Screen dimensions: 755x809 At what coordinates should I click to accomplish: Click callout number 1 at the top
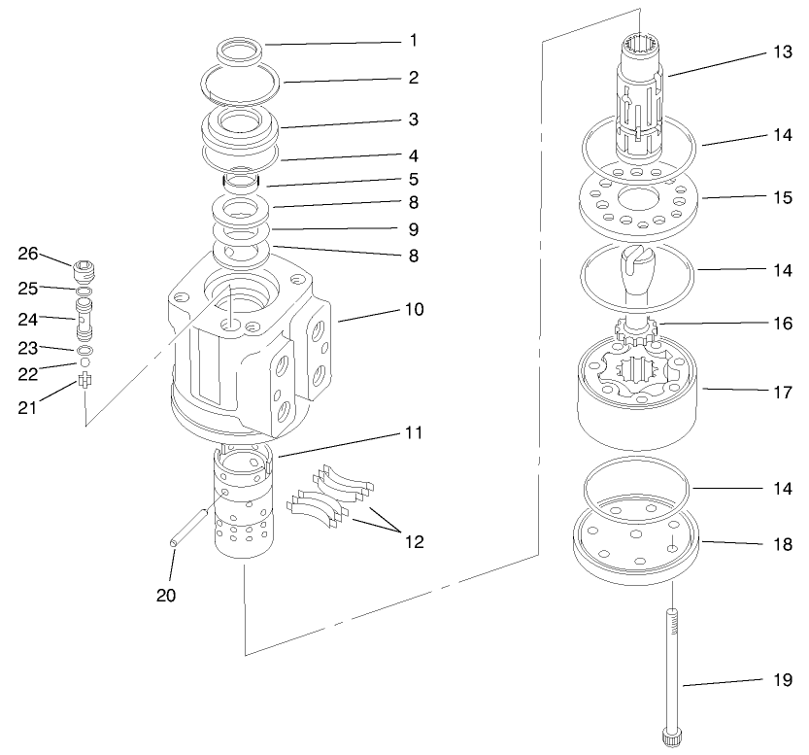coord(413,42)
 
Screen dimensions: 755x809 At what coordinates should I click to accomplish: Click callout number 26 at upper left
coord(28,255)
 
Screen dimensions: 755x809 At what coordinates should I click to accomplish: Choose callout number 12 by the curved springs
coord(413,540)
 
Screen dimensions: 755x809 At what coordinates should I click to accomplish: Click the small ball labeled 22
coord(84,362)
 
